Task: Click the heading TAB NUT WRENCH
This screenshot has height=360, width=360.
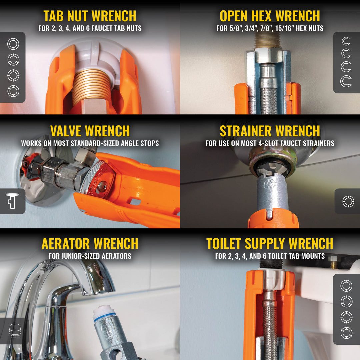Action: [x=90, y=16]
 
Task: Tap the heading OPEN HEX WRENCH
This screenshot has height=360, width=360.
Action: [x=270, y=16]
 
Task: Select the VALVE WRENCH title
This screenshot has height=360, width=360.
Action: [x=90, y=131]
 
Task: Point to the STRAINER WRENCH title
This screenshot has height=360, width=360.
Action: [x=270, y=131]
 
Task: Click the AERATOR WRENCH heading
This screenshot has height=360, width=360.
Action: [x=90, y=244]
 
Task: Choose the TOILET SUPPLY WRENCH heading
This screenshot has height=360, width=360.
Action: [x=270, y=244]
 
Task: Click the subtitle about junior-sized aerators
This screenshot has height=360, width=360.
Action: [x=90, y=256]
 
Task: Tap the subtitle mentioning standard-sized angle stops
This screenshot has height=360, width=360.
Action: [x=90, y=143]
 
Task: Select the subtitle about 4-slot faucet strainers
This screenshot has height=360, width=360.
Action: [x=270, y=143]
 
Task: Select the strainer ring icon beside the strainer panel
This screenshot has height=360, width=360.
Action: [x=348, y=201]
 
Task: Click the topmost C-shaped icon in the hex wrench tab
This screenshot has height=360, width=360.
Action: [x=346, y=42]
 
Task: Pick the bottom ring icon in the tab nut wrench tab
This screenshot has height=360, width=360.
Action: [x=13, y=91]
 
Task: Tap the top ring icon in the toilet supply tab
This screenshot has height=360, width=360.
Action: [x=346, y=286]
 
